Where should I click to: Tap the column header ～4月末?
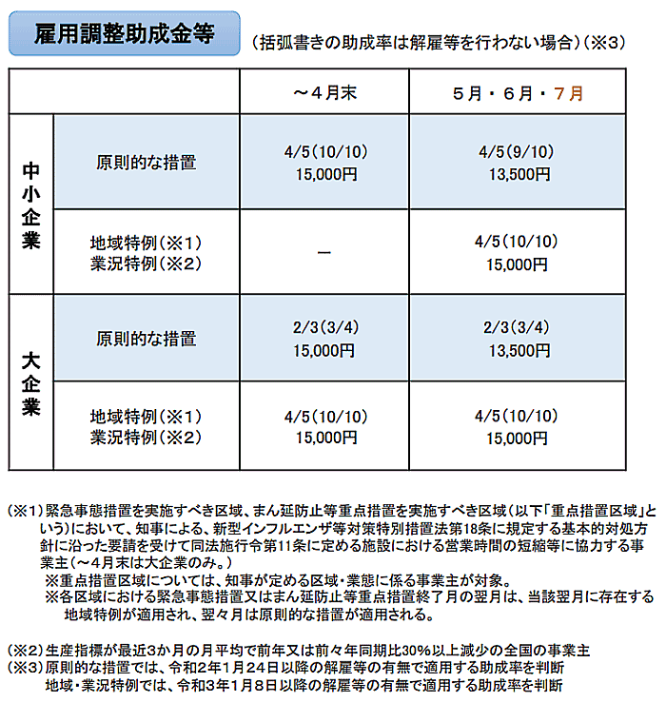(x=324, y=93)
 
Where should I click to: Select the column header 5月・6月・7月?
(x=518, y=93)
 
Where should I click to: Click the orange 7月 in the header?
(x=568, y=93)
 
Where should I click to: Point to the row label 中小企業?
(x=31, y=205)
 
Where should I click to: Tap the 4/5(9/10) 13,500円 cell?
(x=518, y=163)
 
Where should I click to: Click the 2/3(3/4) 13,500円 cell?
(x=518, y=338)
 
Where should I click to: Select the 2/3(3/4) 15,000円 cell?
(x=324, y=338)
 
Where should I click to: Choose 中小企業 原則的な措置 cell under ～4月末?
(x=324, y=163)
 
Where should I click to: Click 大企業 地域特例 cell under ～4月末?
(x=324, y=427)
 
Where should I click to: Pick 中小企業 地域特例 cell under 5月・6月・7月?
(x=518, y=251)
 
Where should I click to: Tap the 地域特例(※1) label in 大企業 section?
(x=147, y=417)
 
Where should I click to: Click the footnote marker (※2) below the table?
(x=27, y=650)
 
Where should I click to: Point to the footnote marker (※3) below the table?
(x=27, y=667)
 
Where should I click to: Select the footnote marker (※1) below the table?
(x=27, y=510)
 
